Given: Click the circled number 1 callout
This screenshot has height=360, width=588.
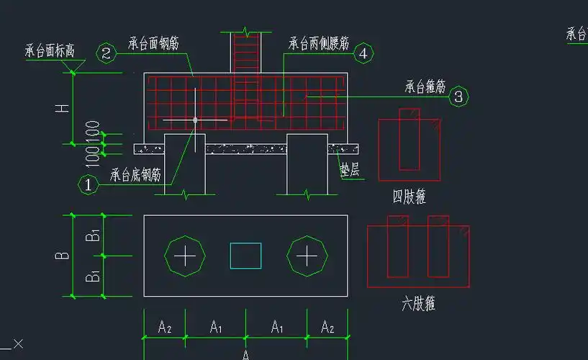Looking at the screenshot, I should coord(88,184).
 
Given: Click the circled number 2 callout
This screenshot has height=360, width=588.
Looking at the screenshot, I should coord(107,53).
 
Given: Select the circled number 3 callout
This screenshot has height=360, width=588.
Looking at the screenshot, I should coord(460,96).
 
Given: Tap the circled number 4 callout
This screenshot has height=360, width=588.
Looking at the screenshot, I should coord(363,53).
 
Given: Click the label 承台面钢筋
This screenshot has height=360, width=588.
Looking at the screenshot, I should coord(153,42).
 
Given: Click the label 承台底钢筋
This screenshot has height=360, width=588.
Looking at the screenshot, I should coord(135,174).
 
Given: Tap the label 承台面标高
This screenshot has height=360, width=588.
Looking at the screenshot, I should coord(50,51).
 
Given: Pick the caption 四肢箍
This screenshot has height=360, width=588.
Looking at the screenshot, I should coord(409,197).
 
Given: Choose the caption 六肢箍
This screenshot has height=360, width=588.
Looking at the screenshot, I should coord(418,304).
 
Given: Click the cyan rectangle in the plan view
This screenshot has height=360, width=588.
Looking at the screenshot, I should coord(245,256).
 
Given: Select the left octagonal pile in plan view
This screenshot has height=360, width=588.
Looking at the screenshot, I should coord(186,256).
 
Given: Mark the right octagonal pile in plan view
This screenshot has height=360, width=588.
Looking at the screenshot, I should coord(307,256).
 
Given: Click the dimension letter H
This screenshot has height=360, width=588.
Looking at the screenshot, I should coord(63,108).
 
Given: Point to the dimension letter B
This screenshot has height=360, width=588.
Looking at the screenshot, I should coord(63,255).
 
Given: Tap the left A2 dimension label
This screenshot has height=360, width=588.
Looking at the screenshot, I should coord(165,328).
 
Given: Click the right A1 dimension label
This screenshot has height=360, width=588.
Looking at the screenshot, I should coord(277,328).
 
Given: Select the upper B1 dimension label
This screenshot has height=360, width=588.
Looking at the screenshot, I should coord(92,235).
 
